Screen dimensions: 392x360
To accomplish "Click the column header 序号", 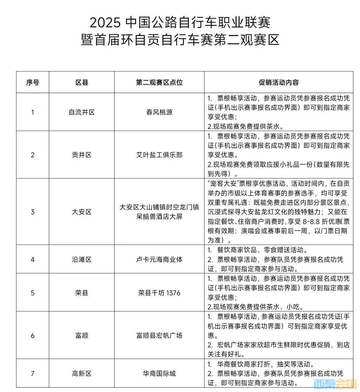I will pyautogui.click(x=33, y=83).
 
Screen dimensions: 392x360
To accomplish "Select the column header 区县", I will pyautogui.click(x=82, y=83).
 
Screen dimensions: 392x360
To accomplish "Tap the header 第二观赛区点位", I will pyautogui.click(x=159, y=83).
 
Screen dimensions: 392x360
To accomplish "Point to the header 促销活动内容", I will pyautogui.click(x=279, y=83).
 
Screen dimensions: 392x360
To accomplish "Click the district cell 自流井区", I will pyautogui.click(x=82, y=112).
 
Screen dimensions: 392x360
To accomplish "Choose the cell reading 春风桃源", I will pyautogui.click(x=159, y=112).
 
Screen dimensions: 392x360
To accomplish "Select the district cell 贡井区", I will pyautogui.click(x=82, y=155).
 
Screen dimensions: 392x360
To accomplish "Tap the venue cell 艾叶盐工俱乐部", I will pyautogui.click(x=159, y=155).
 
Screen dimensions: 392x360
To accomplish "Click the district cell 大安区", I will pyautogui.click(x=82, y=212).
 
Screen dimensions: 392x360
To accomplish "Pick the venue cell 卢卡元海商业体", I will pyautogui.click(x=159, y=260).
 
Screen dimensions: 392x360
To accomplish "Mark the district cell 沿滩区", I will pyautogui.click(x=82, y=260).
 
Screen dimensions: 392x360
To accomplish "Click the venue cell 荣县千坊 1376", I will pyautogui.click(x=159, y=293).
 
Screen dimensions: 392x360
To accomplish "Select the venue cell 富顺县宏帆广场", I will pyautogui.click(x=159, y=335).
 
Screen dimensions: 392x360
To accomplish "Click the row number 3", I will pyautogui.click(x=33, y=212).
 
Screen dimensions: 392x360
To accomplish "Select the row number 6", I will pyautogui.click(x=33, y=335).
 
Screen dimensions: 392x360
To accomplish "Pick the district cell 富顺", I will pyautogui.click(x=82, y=335).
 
